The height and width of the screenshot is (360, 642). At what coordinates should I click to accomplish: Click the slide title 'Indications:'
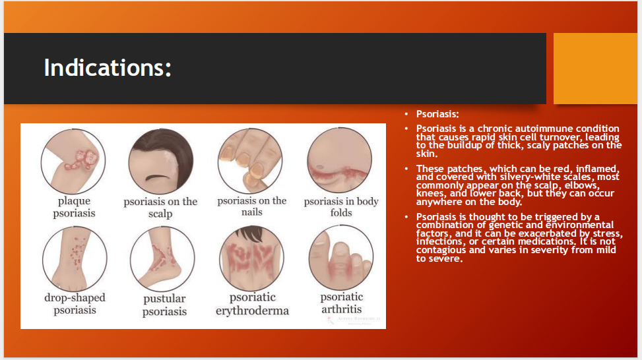coord(108,67)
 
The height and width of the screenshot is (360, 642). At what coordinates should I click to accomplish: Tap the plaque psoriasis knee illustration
coord(73,161)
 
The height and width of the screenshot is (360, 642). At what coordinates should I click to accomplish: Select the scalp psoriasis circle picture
coord(160,161)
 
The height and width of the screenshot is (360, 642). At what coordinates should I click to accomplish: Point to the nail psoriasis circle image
coord(250,161)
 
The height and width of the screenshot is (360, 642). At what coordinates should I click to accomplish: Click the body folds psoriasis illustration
coord(340,160)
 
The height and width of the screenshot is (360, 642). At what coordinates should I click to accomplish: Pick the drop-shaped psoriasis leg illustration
coord(75,258)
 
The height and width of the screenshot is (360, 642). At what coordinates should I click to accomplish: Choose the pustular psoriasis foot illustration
coord(162,259)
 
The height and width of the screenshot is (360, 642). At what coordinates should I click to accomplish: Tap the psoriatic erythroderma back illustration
coord(251,258)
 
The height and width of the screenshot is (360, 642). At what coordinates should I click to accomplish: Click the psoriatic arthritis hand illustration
coord(341,258)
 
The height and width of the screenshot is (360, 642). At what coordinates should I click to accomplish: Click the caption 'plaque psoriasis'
coord(74,207)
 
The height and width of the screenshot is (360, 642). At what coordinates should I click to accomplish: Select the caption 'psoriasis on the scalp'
coord(160,208)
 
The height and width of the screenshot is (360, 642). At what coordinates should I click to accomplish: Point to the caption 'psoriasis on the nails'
coord(252,206)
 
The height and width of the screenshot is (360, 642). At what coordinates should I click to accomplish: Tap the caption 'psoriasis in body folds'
coord(341,206)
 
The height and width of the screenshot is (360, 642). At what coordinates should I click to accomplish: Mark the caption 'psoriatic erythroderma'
coord(252,304)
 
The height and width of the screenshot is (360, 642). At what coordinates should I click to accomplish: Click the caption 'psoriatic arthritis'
coord(342,303)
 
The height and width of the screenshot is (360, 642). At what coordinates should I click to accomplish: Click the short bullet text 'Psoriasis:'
coord(437,114)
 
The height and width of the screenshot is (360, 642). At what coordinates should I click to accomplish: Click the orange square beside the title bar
coord(595,69)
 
